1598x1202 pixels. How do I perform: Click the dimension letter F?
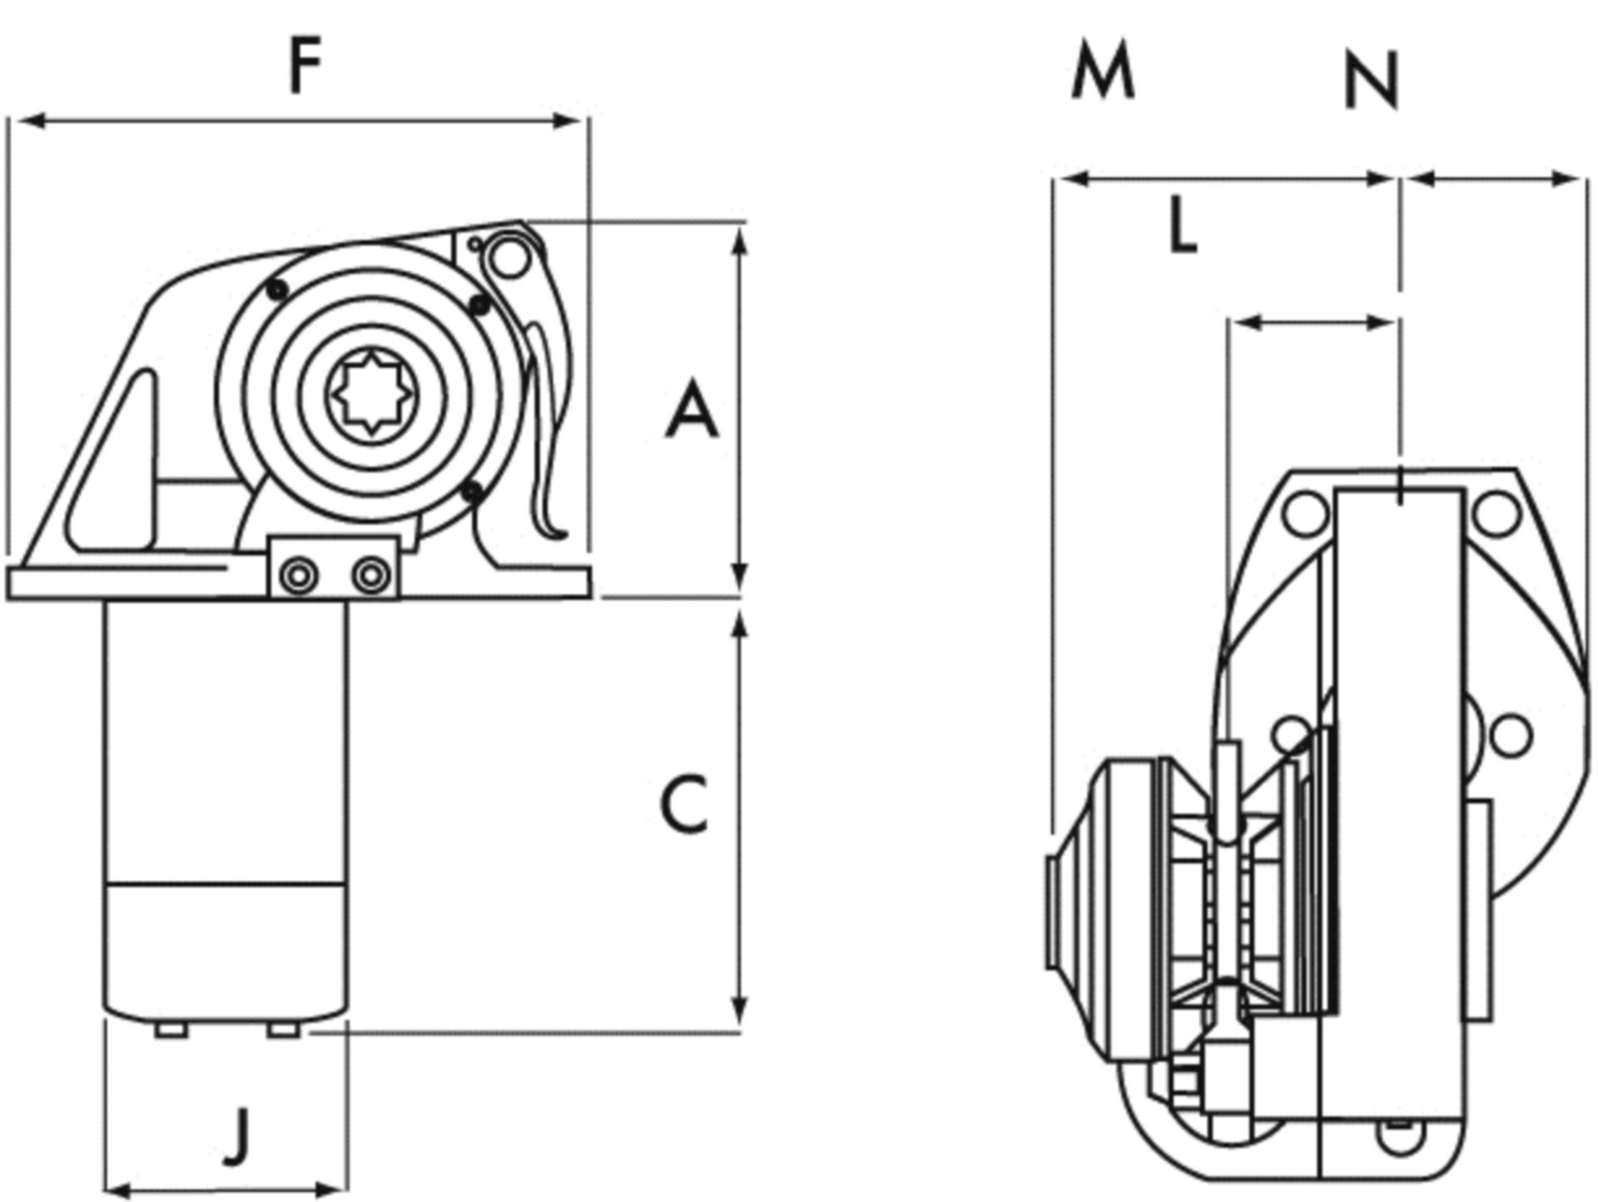pos(305,67)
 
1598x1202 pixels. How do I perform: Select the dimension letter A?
pos(691,410)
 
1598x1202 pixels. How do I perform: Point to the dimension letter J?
pos(238,1135)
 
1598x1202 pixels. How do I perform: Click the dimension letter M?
pos(1102,72)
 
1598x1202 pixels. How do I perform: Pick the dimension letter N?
pos(1372,82)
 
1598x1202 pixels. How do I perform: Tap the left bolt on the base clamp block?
pos(298,575)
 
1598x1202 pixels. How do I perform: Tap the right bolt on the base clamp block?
pos(370,575)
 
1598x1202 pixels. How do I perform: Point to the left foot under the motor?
pos(171,1031)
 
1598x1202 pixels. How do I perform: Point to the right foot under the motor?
pos(283,1031)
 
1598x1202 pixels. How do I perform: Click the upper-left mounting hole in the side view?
pos(1304,514)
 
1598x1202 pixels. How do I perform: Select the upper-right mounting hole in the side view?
pos(1496,514)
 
